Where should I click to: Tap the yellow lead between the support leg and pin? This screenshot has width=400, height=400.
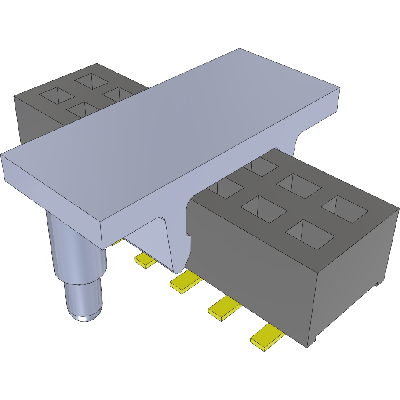pyautogui.click(x=145, y=261)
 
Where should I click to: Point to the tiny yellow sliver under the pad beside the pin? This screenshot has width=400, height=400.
pyautogui.click(x=116, y=242)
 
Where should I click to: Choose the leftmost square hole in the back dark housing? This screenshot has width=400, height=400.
pyautogui.click(x=55, y=95)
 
